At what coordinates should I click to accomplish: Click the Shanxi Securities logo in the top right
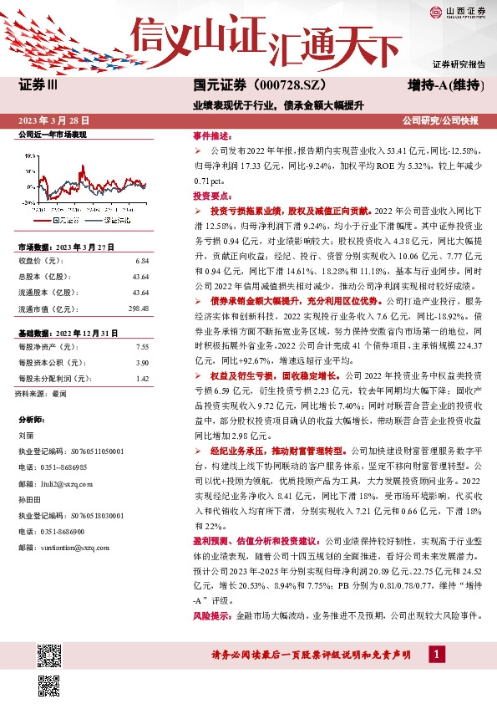tap(459, 12)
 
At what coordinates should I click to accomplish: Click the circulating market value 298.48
tap(137, 309)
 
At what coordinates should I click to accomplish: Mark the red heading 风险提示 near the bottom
tap(210, 615)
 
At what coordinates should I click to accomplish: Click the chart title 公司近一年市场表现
tap(52, 134)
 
